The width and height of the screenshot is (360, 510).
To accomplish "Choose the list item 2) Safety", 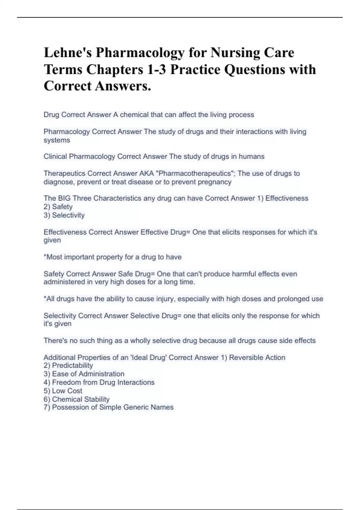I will click(x=58, y=207).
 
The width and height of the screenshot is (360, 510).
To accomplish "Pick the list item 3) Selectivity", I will click(x=64, y=215).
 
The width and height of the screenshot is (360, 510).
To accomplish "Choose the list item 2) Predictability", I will click(x=68, y=365).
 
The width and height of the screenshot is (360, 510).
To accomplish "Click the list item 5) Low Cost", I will click(x=63, y=391).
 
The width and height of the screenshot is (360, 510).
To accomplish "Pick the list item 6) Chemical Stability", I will click(x=76, y=399).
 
